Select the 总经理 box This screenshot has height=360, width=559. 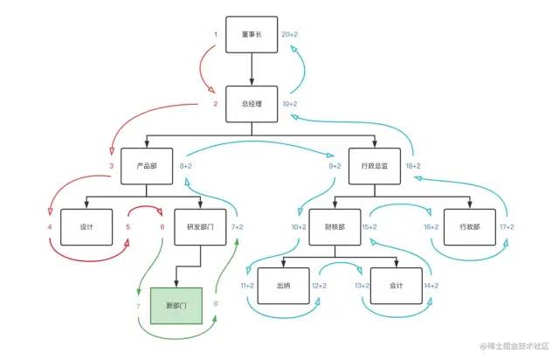(252, 104)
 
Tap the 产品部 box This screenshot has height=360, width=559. (147, 165)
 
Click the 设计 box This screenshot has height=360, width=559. (86, 226)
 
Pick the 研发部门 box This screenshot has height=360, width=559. (200, 226)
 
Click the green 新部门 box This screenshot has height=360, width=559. (176, 305)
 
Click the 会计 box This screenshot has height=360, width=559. (395, 286)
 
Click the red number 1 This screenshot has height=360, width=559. (215, 34)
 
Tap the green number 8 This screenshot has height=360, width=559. (216, 305)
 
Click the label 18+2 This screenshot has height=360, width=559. (413, 165)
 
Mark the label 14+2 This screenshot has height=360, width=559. (431, 286)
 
